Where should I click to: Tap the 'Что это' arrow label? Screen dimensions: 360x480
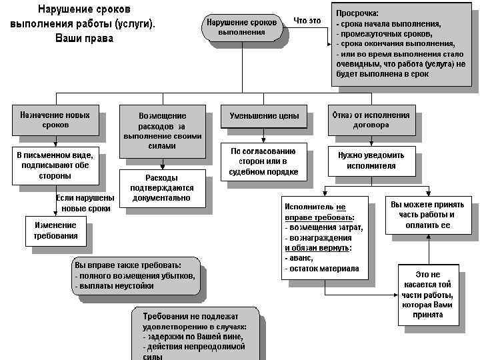(x=307, y=21)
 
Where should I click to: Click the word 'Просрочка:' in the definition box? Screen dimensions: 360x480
(x=357, y=13)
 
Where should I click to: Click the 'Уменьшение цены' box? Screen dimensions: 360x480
(x=264, y=116)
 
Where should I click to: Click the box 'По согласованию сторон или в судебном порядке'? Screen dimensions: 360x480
(x=264, y=161)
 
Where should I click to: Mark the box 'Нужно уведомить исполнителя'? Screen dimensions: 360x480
(x=371, y=161)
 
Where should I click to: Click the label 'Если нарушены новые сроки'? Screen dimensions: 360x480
(x=85, y=203)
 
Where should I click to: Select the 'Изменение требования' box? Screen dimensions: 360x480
(x=55, y=230)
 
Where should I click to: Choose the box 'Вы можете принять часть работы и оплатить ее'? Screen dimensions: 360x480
(x=427, y=215)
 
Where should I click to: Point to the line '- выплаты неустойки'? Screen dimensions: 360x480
(x=115, y=286)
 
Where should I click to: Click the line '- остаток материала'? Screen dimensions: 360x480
(x=322, y=269)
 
